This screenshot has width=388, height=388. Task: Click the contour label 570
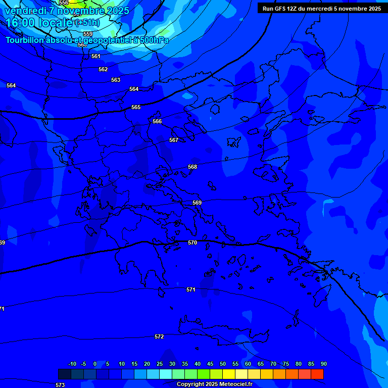[x=192, y=243]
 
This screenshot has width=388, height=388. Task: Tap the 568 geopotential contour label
[x=192, y=167]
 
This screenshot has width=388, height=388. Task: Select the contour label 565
[x=136, y=108]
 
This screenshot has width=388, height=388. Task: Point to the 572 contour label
[x=159, y=336]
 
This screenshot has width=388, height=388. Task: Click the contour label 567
[x=174, y=140]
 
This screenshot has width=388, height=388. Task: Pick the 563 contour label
[x=116, y=80]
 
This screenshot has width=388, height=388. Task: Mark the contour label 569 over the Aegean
[x=197, y=203]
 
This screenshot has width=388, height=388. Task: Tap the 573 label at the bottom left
[x=60, y=385]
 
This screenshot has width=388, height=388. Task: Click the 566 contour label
[x=157, y=121]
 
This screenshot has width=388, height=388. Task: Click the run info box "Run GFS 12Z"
[x=322, y=9]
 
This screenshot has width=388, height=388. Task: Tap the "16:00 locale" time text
[x=39, y=23]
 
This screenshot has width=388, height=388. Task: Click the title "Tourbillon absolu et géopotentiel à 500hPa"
[x=87, y=40]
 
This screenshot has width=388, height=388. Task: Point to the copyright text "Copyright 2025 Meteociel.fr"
[x=214, y=384]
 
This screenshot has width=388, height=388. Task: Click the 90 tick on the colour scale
[x=323, y=364]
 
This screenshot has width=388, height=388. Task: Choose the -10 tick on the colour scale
[x=72, y=364]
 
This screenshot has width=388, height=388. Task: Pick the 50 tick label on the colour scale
[x=223, y=364]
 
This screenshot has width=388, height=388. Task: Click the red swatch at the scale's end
[x=317, y=374]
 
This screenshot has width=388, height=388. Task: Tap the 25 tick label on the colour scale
[x=160, y=364]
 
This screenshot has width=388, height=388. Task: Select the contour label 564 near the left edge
[x=11, y=85]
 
